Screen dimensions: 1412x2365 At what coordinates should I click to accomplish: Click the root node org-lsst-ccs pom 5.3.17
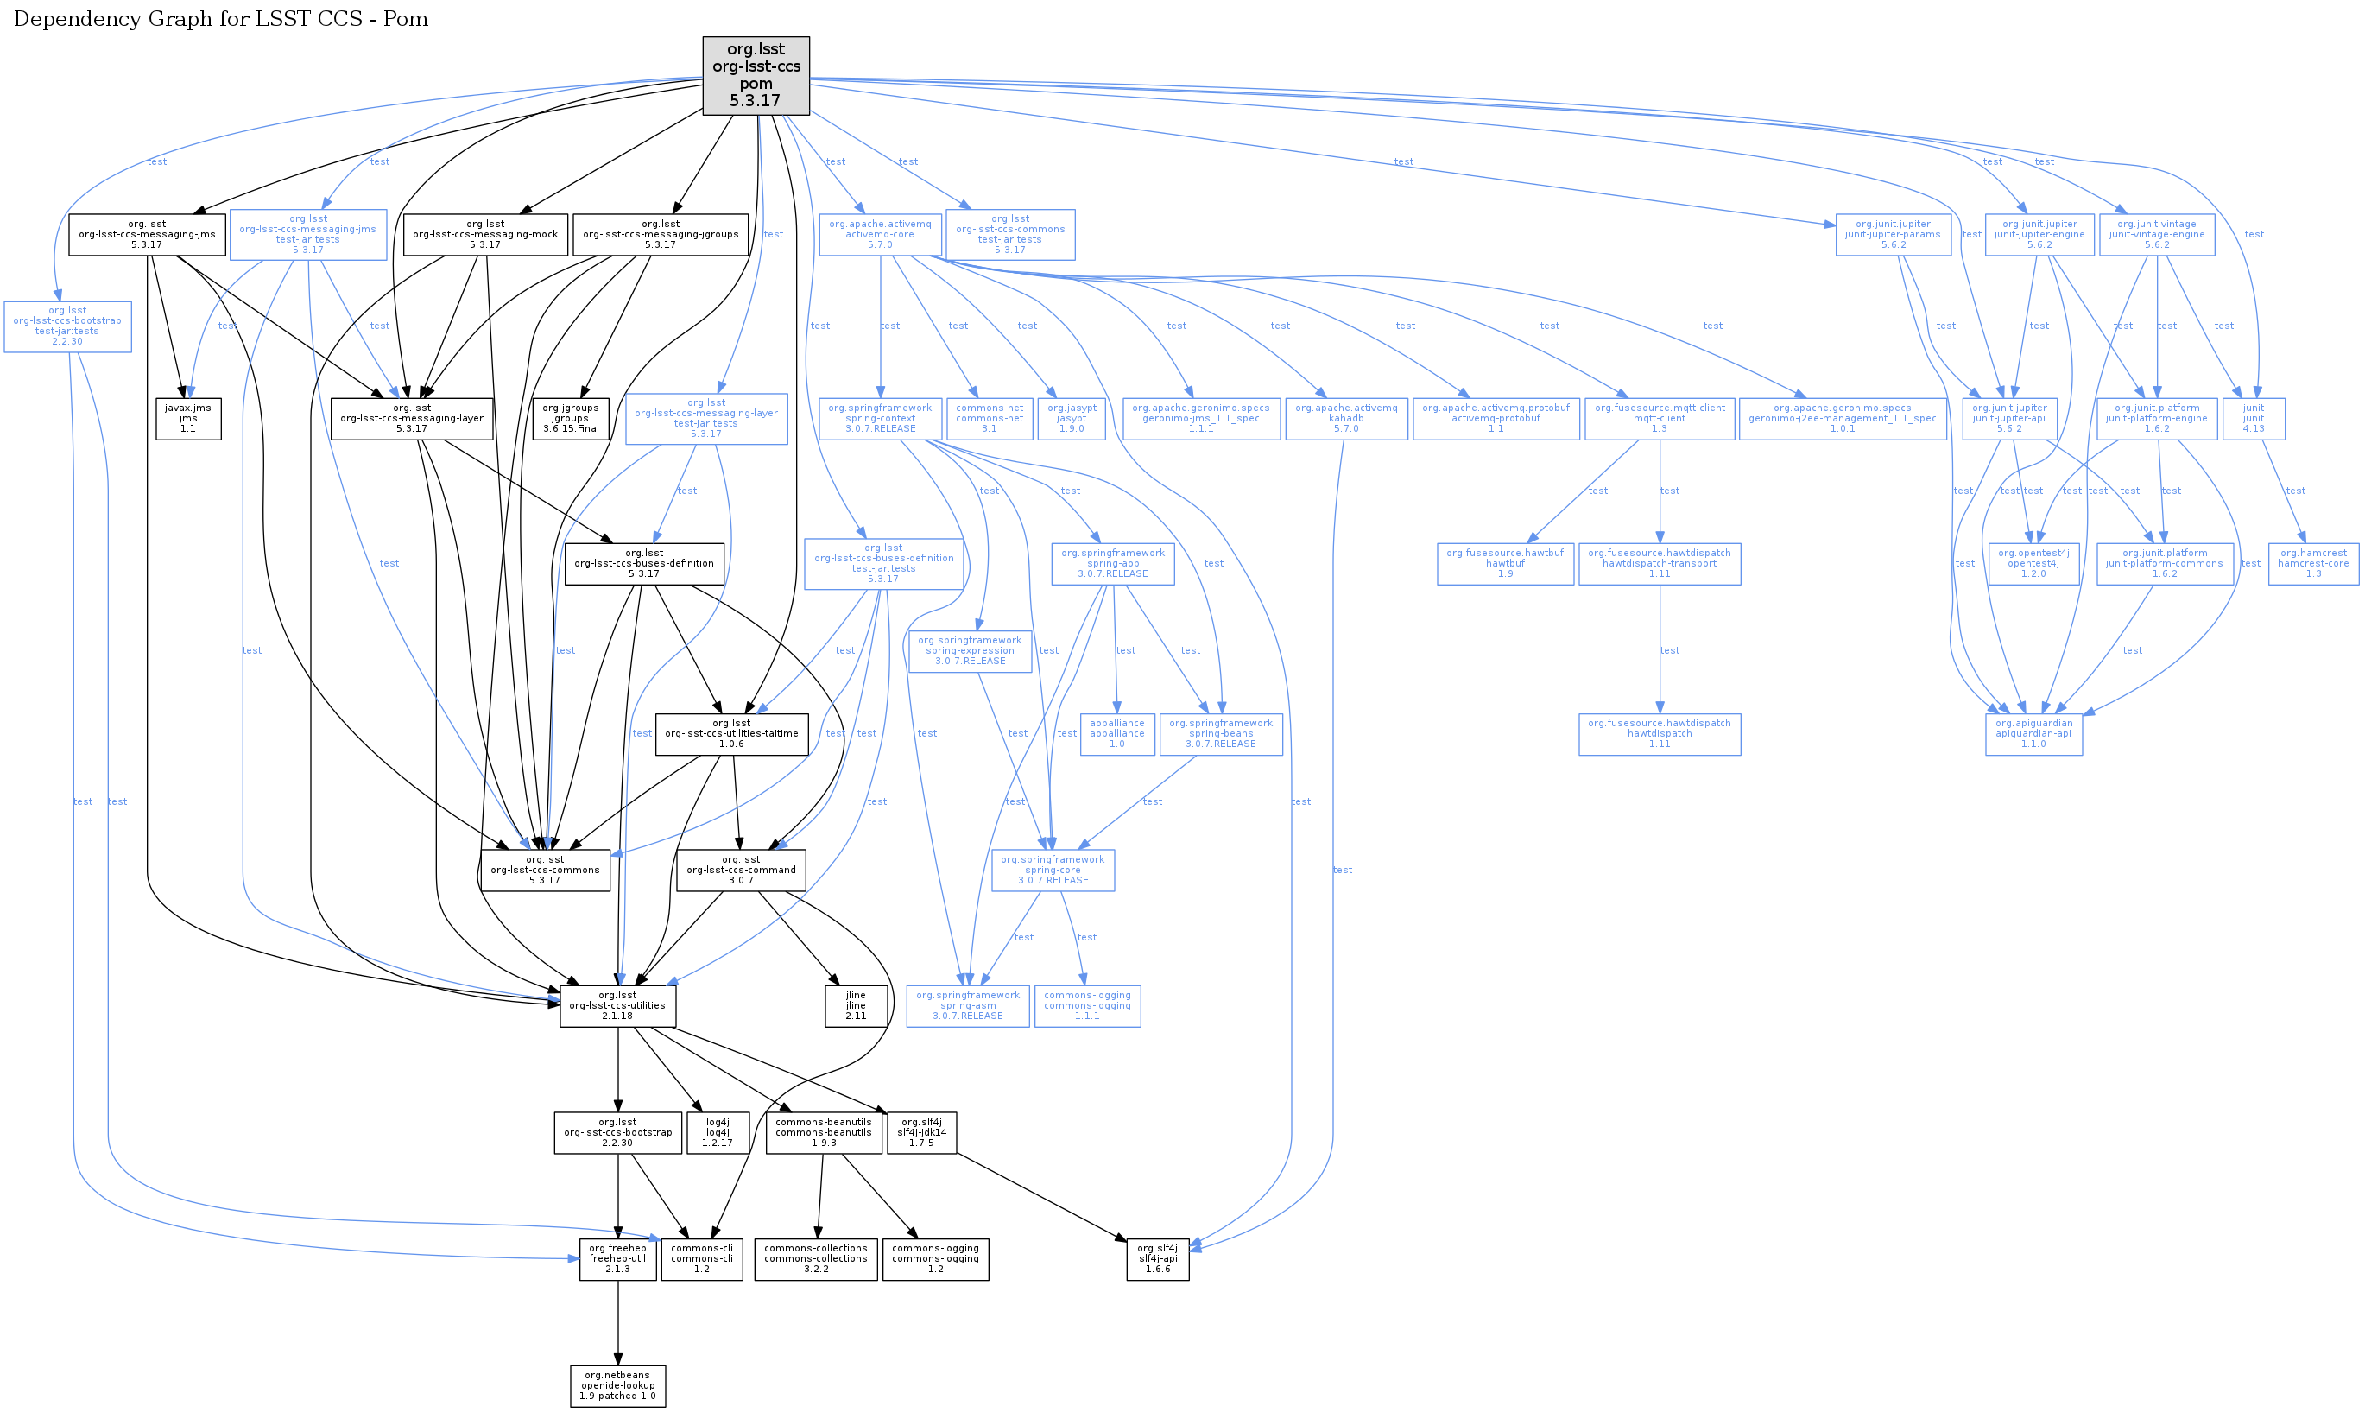tap(756, 75)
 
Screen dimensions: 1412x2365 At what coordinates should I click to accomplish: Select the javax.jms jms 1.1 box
tap(188, 419)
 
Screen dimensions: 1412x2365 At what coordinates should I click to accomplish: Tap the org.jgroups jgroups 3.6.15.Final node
tap(570, 419)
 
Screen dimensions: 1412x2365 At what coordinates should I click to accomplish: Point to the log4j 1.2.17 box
tap(718, 1132)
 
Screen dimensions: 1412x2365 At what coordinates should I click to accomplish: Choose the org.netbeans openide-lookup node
tap(617, 1385)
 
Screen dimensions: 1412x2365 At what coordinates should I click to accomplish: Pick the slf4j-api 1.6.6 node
tap(1157, 1259)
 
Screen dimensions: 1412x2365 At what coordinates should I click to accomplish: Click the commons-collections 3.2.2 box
tap(815, 1259)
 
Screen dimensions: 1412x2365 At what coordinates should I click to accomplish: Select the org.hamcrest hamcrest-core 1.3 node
tap(2312, 563)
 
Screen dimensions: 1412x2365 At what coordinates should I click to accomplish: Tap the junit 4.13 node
tap(2253, 419)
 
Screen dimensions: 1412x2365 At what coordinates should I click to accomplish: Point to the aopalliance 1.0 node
tap(1116, 733)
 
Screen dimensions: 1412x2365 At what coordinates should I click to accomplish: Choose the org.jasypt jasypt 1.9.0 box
tap(1072, 419)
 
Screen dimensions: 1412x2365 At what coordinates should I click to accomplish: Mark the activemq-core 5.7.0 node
tap(880, 234)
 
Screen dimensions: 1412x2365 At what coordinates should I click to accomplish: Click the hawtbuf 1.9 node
tap(1505, 563)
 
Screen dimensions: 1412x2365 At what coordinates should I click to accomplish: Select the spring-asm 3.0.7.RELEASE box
tap(967, 1006)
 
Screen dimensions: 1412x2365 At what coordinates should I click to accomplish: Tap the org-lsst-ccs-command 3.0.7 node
tap(741, 870)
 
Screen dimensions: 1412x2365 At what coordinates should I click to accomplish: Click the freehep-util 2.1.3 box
tap(617, 1259)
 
